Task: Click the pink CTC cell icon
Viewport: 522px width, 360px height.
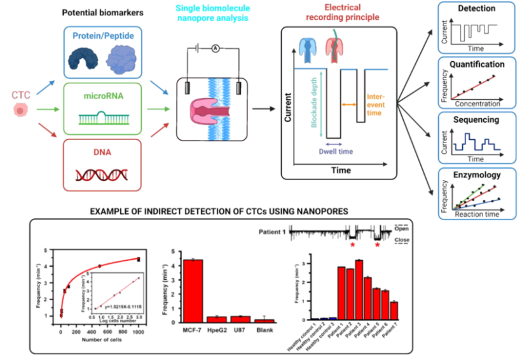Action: tap(21, 110)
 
